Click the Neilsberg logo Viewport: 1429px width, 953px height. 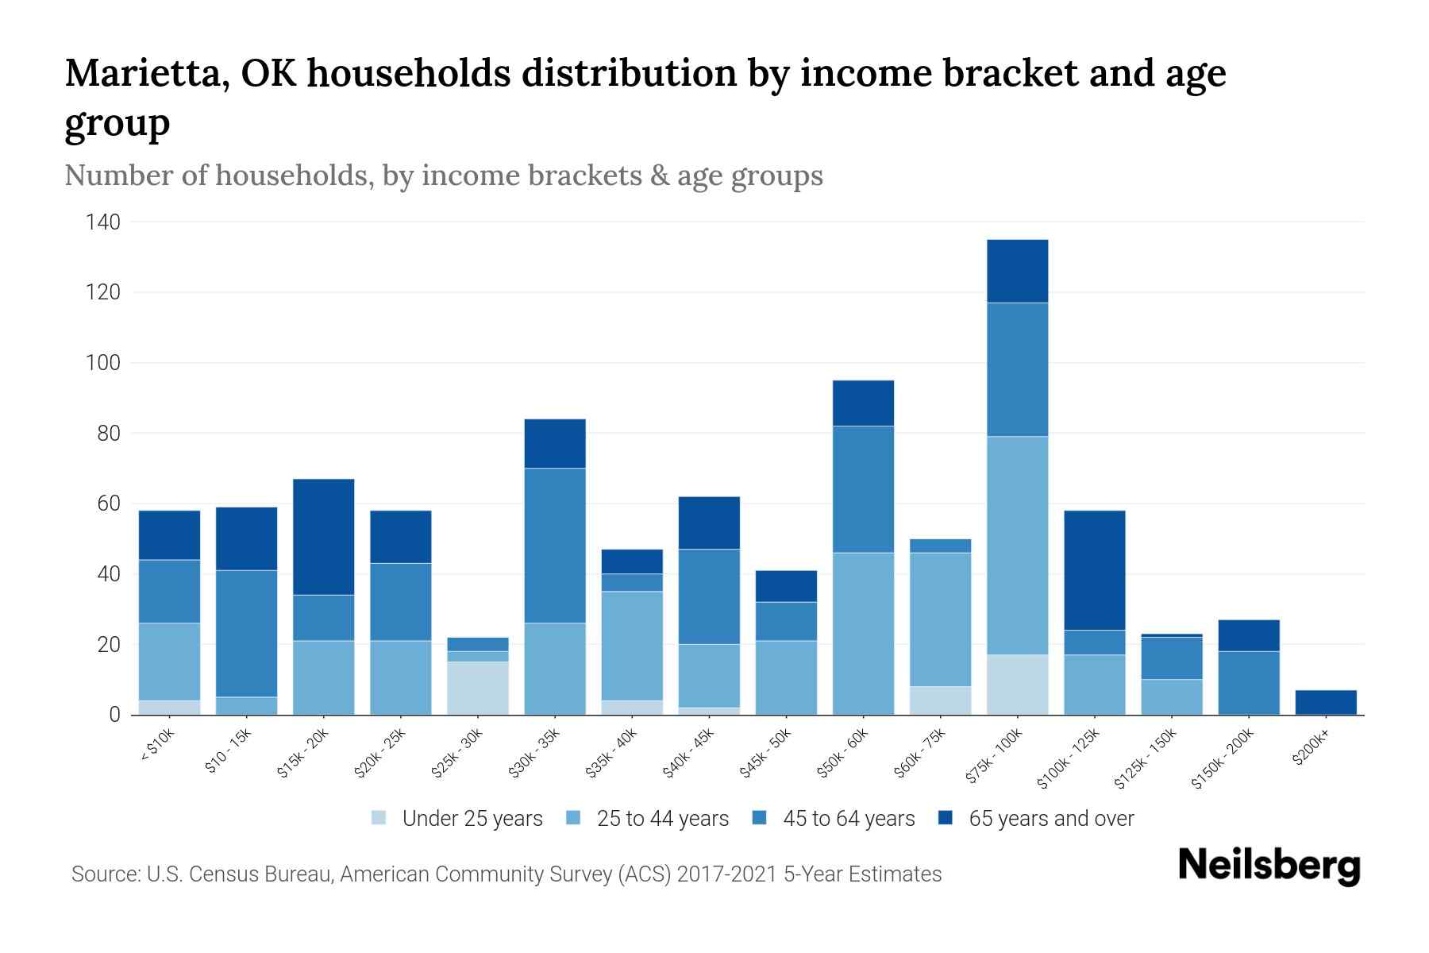[1269, 866]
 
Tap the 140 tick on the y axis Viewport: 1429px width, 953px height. [102, 222]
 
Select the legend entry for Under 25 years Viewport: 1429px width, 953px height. [457, 818]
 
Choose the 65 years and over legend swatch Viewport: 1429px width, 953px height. [945, 818]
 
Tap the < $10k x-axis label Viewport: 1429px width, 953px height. [157, 746]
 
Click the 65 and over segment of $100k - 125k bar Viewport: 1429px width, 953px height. [1095, 570]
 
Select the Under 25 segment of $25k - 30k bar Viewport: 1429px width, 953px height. [478, 688]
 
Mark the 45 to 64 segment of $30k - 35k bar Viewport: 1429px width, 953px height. [555, 546]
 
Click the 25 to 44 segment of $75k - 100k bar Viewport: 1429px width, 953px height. [1017, 546]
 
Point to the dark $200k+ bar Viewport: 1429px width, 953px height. [1326, 702]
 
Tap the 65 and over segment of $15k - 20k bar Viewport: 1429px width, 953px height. [323, 537]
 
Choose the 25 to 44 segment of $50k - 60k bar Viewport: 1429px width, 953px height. [863, 634]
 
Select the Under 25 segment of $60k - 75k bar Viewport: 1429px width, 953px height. [940, 700]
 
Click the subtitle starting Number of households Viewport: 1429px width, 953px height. [443, 176]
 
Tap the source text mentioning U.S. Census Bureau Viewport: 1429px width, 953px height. [506, 874]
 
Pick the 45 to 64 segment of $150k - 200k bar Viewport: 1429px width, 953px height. [1249, 683]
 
